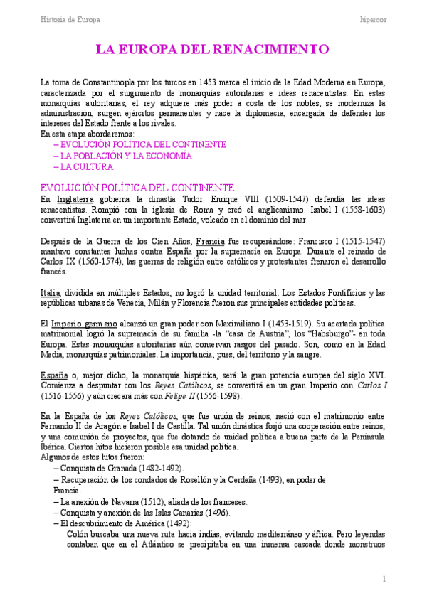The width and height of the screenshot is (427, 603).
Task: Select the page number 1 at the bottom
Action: (383, 579)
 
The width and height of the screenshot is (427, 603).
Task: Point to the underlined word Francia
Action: (211, 241)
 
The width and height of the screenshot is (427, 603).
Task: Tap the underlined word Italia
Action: (52, 293)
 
